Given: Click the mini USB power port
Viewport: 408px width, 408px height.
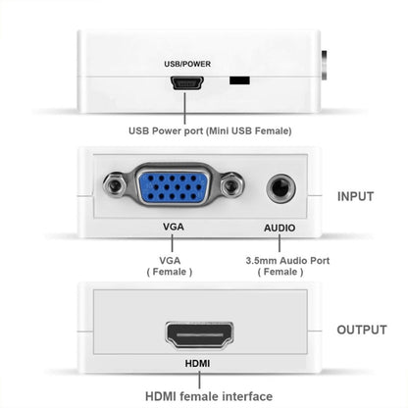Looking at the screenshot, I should point(183,84).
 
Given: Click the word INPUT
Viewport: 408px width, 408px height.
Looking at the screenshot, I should point(355,196).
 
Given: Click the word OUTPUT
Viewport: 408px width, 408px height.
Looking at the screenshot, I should point(360,330).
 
